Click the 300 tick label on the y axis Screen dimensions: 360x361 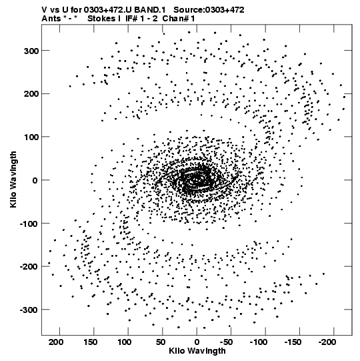pyautogui.click(x=31, y=51)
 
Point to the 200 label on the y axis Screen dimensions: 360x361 pyautogui.click(x=31, y=94)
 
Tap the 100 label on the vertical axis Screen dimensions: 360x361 pyautogui.click(x=31, y=137)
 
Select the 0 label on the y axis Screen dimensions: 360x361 pyautogui.click(x=35, y=180)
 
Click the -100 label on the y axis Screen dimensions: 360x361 pyautogui.click(x=29, y=224)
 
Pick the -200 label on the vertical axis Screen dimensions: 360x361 pyautogui.click(x=29, y=267)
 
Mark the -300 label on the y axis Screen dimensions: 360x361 pyautogui.click(x=29, y=310)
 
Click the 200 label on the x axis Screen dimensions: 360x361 pyautogui.click(x=56, y=342)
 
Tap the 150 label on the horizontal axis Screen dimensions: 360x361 pyautogui.click(x=91, y=342)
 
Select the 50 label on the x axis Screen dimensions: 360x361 pyautogui.click(x=161, y=342)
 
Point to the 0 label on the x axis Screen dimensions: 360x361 pyautogui.click(x=197, y=342)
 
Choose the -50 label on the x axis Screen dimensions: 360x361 pyautogui.click(x=227, y=342)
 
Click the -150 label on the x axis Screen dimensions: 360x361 pyautogui.click(x=293, y=342)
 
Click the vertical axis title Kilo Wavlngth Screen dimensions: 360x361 pyautogui.click(x=13, y=179)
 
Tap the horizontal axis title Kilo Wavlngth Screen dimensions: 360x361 pyautogui.click(x=197, y=351)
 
